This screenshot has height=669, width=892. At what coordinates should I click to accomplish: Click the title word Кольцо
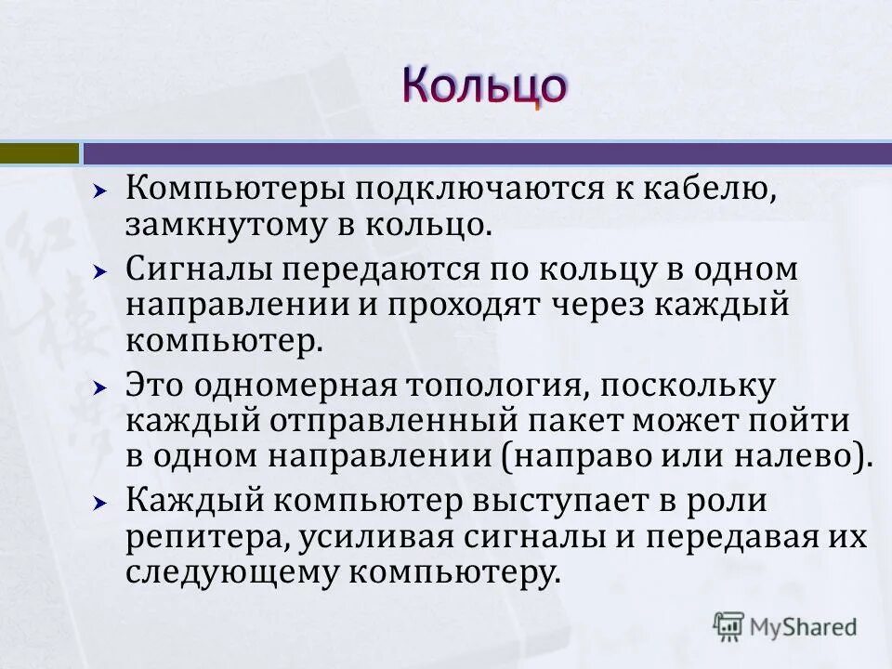pos(483,86)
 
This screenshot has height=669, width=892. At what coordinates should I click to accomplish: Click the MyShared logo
pos(785,626)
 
